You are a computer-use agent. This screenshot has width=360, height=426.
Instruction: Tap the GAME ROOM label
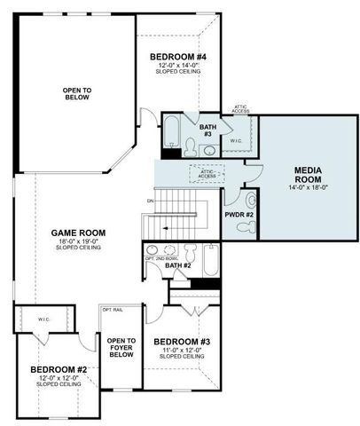pyautogui.click(x=80, y=233)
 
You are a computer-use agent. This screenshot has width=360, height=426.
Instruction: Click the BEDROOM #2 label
pyautogui.click(x=59, y=369)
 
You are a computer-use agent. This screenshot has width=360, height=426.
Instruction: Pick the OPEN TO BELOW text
pyautogui.click(x=76, y=94)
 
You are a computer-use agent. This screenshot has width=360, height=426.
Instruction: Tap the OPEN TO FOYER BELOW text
pyautogui.click(x=121, y=347)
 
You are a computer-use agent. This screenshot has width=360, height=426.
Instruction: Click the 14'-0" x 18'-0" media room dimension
pyautogui.click(x=307, y=187)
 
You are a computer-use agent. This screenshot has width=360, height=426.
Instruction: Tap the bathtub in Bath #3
pyautogui.click(x=173, y=130)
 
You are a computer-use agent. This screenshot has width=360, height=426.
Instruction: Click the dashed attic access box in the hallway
pyautogui.click(x=207, y=175)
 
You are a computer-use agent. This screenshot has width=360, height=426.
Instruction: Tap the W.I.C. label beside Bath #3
pyautogui.click(x=236, y=140)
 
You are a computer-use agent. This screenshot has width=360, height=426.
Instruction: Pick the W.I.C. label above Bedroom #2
pyautogui.click(x=43, y=319)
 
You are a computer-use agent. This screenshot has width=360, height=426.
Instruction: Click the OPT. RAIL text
pyautogui.click(x=113, y=311)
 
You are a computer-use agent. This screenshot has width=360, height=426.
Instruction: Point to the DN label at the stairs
pyautogui.click(x=151, y=201)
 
